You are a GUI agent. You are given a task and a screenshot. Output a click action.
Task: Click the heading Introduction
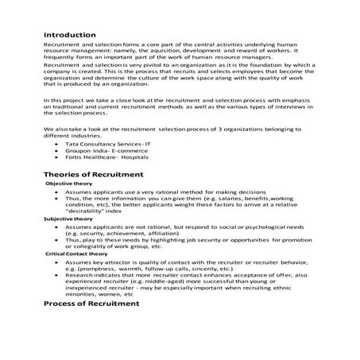[x=69, y=35]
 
